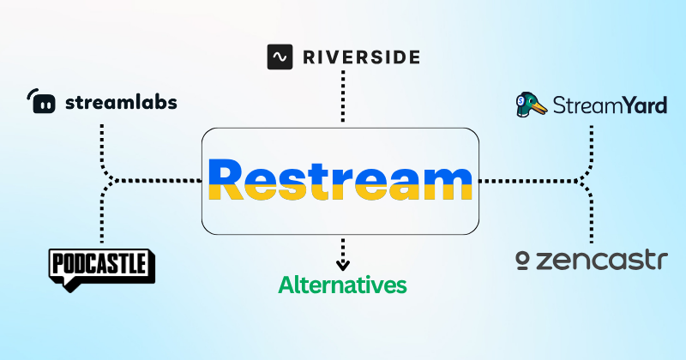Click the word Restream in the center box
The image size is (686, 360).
340,181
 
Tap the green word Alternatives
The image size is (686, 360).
342,285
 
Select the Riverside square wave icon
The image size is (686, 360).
280,57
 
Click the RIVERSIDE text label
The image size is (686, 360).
360,57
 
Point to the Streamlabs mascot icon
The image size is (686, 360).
42,103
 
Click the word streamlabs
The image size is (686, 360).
121,103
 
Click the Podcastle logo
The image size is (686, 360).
101,267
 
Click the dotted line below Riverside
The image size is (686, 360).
343,99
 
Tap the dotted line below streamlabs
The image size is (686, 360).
102,141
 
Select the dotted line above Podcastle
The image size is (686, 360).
102,219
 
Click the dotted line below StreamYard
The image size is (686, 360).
591,141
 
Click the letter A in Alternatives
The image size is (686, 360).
286,285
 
